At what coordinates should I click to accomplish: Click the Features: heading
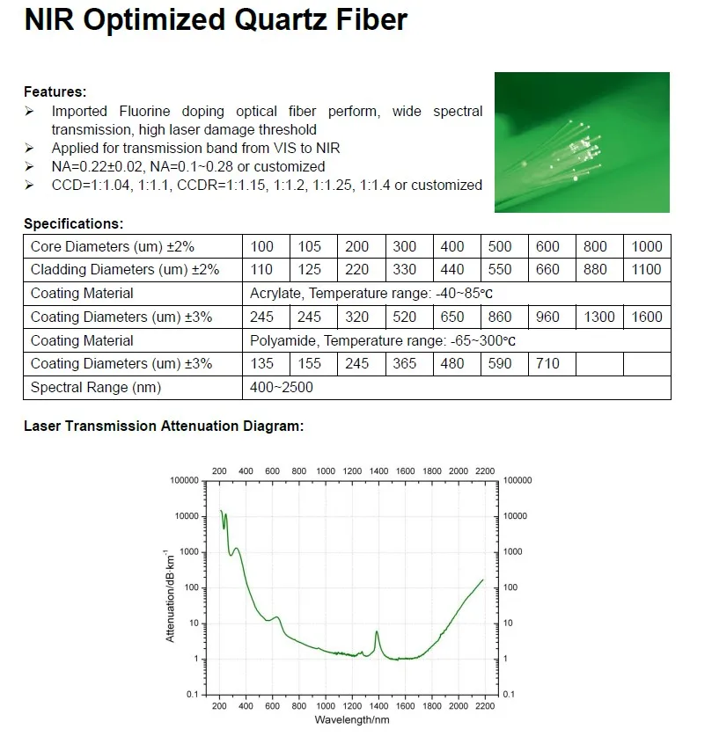pyautogui.click(x=55, y=91)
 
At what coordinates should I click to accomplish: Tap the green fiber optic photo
pyautogui.click(x=582, y=142)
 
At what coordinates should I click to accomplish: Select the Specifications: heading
pyautogui.click(x=73, y=224)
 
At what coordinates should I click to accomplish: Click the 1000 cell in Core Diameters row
pyautogui.click(x=647, y=246)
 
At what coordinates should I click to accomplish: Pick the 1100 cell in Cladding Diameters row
pyautogui.click(x=647, y=270)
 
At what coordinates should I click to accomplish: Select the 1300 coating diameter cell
pyautogui.click(x=598, y=317)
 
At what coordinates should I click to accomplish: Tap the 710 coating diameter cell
pyautogui.click(x=547, y=364)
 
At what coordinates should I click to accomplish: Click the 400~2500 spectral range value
pyautogui.click(x=282, y=388)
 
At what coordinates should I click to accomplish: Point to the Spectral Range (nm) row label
pyautogui.click(x=96, y=388)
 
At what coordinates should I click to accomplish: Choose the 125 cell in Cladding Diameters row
pyautogui.click(x=310, y=270)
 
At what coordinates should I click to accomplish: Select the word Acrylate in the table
pyautogui.click(x=276, y=294)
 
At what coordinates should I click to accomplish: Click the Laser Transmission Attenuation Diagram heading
pyautogui.click(x=163, y=427)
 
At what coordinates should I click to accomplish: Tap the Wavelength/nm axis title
pyautogui.click(x=351, y=719)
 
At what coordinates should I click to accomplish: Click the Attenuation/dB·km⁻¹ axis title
pyautogui.click(x=170, y=594)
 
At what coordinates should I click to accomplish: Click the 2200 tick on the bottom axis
pyautogui.click(x=484, y=706)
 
